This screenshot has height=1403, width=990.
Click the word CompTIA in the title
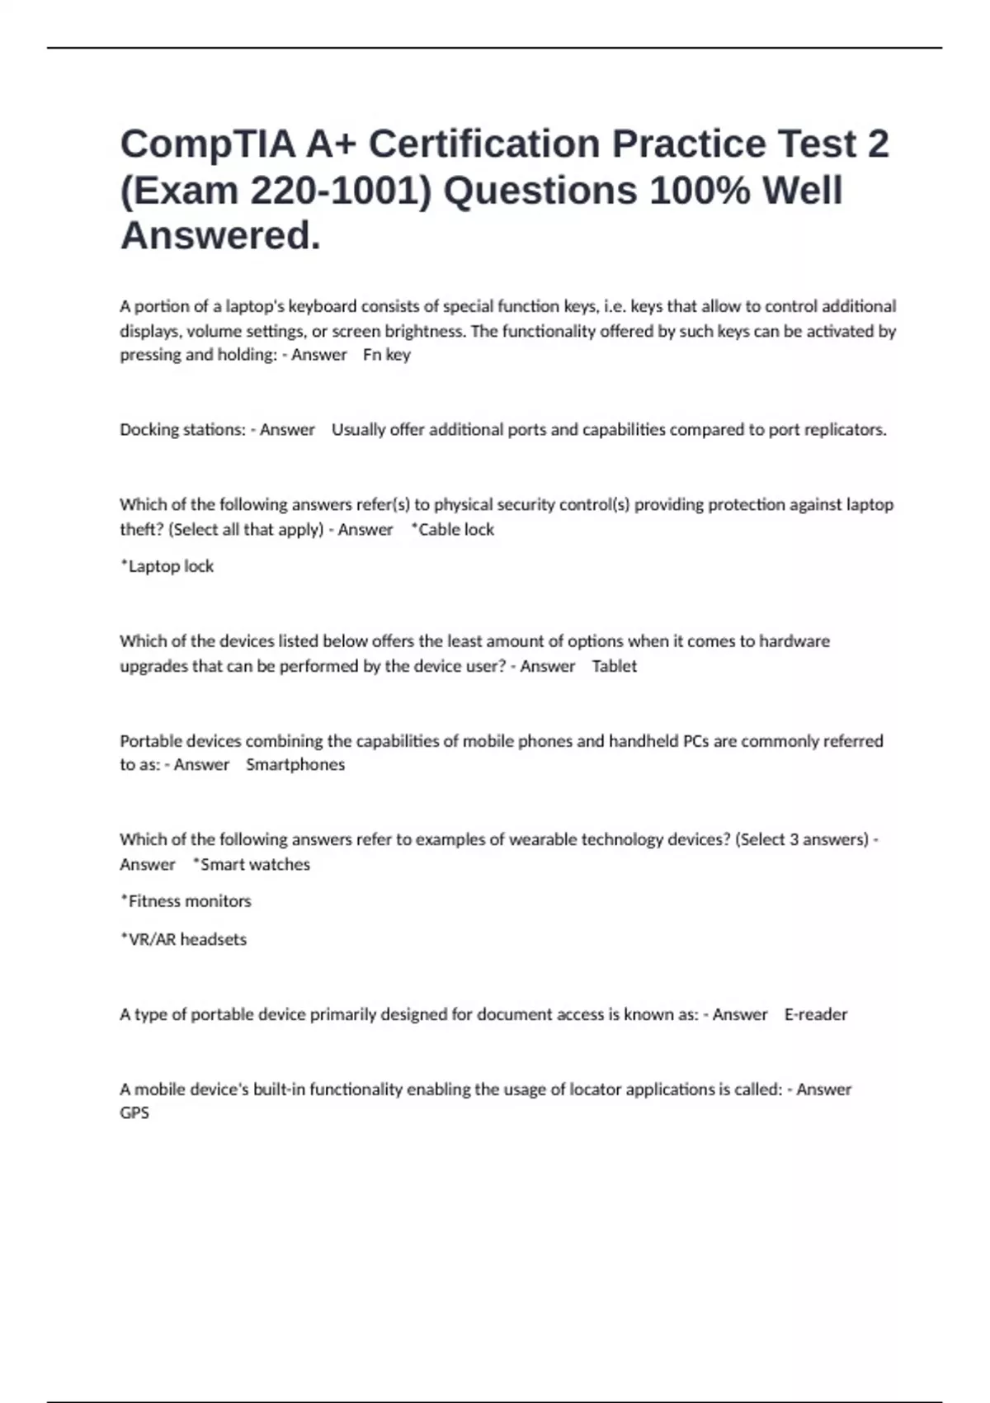click(x=208, y=144)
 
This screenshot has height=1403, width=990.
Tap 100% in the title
click(x=700, y=191)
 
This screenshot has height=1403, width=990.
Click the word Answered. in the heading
click(x=220, y=236)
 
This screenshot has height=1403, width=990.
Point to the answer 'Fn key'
click(x=386, y=355)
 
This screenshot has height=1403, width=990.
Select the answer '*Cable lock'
click(x=452, y=530)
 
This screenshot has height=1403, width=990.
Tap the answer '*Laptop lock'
click(x=167, y=566)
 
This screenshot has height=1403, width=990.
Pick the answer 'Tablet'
click(x=615, y=666)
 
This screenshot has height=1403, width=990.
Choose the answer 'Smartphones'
click(x=295, y=765)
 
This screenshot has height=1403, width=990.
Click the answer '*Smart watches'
click(x=251, y=865)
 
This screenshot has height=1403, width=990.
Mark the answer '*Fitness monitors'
click(x=186, y=901)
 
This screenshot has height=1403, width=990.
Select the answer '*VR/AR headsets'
click(x=183, y=939)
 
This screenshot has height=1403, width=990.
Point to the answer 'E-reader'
click(x=815, y=1014)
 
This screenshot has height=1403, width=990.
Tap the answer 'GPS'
click(x=134, y=1113)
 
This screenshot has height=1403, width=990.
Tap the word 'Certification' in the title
click(x=484, y=144)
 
